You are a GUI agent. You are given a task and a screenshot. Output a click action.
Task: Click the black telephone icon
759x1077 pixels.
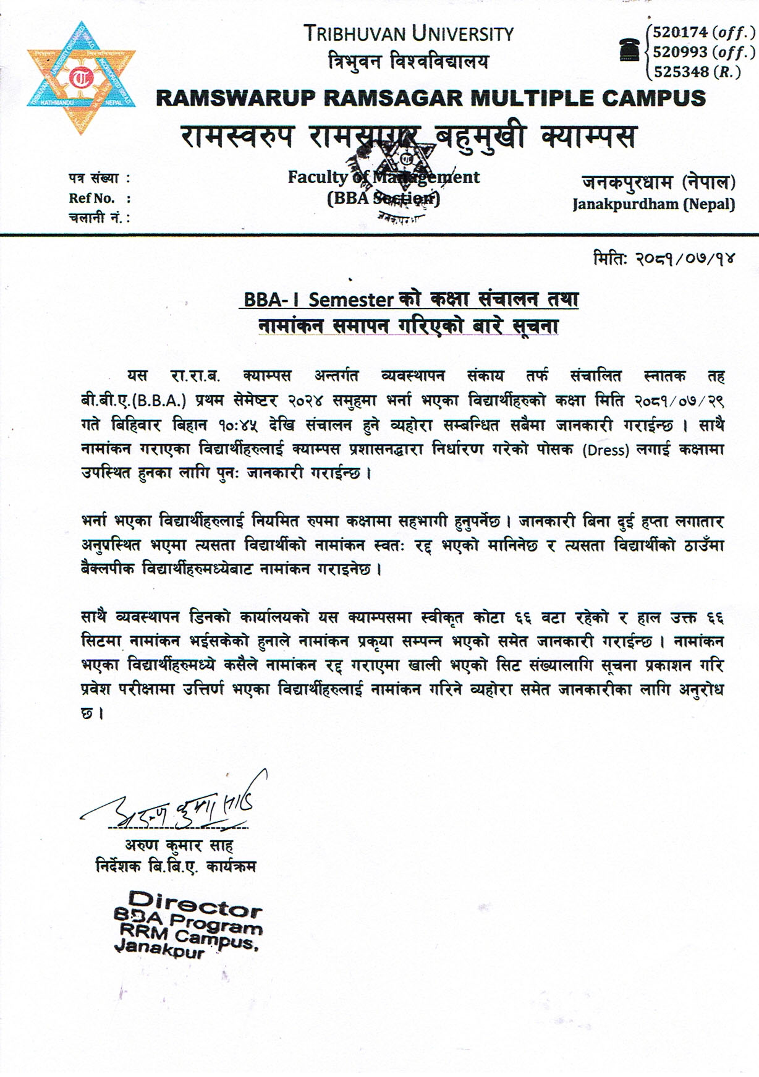pos(629,49)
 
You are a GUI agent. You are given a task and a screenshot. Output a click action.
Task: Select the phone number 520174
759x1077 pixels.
pos(679,32)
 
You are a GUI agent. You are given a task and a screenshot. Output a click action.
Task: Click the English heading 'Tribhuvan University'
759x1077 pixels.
pos(409,33)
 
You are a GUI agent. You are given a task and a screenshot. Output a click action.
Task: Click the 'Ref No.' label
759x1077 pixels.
pos(92,198)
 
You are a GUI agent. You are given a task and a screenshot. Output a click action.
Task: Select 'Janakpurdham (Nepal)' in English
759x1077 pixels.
pos(653,203)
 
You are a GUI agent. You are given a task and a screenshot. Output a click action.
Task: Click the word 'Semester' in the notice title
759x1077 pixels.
pos(351,300)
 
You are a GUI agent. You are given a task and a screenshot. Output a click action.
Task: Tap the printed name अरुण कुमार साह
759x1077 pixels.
pos(179,845)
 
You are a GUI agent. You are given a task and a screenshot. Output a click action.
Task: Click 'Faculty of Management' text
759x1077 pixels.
pos(383,177)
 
